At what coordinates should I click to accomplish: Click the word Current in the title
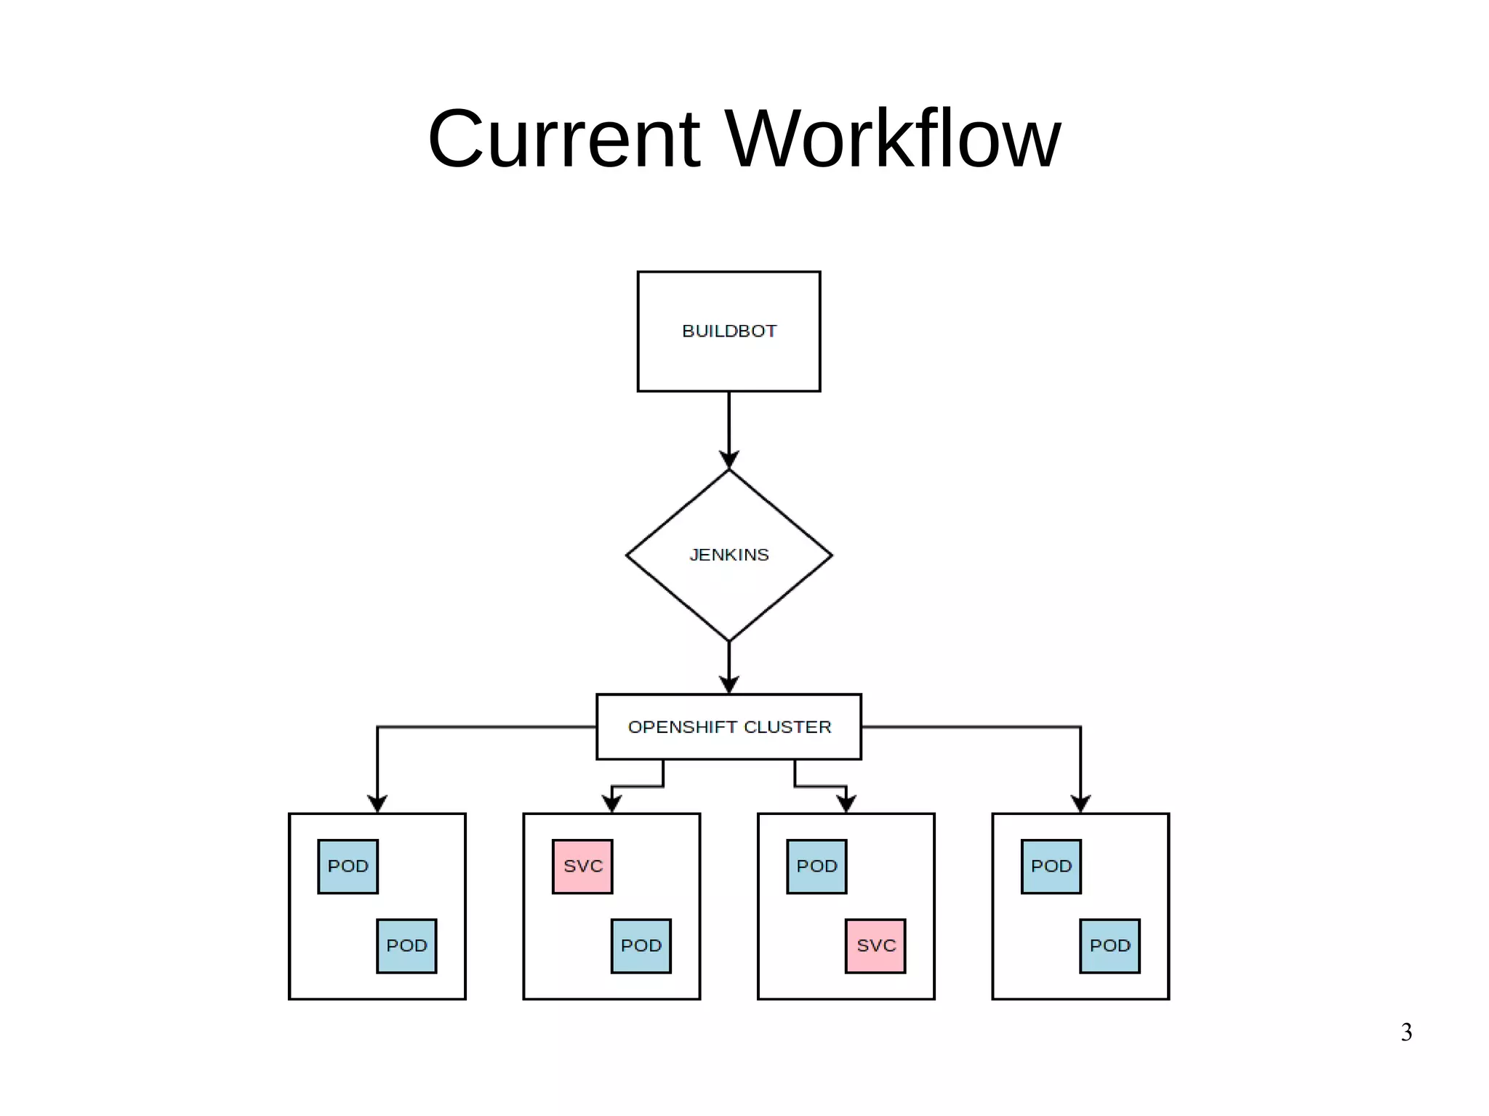point(563,139)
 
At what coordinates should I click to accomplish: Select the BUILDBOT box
point(729,332)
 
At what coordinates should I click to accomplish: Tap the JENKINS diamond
point(729,555)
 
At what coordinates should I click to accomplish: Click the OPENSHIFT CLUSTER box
point(729,727)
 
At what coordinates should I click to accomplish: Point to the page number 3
point(1406,1032)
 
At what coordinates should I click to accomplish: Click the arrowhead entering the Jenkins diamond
point(729,460)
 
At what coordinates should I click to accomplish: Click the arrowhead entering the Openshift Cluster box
point(729,685)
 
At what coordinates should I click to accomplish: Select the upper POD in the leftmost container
point(348,867)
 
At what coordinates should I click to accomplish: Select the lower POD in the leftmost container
point(406,946)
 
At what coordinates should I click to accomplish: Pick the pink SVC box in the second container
point(582,867)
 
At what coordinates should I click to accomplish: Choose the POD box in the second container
point(641,946)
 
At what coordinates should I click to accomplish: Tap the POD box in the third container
point(816,867)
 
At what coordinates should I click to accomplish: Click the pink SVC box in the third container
point(875,946)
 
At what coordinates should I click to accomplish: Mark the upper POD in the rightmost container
point(1051,867)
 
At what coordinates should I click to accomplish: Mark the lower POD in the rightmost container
point(1109,946)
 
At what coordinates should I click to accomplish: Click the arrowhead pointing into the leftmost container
point(377,804)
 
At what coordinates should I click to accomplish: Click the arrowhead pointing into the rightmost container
point(1080,804)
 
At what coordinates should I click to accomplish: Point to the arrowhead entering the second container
point(612,804)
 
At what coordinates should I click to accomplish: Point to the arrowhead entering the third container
point(846,804)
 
